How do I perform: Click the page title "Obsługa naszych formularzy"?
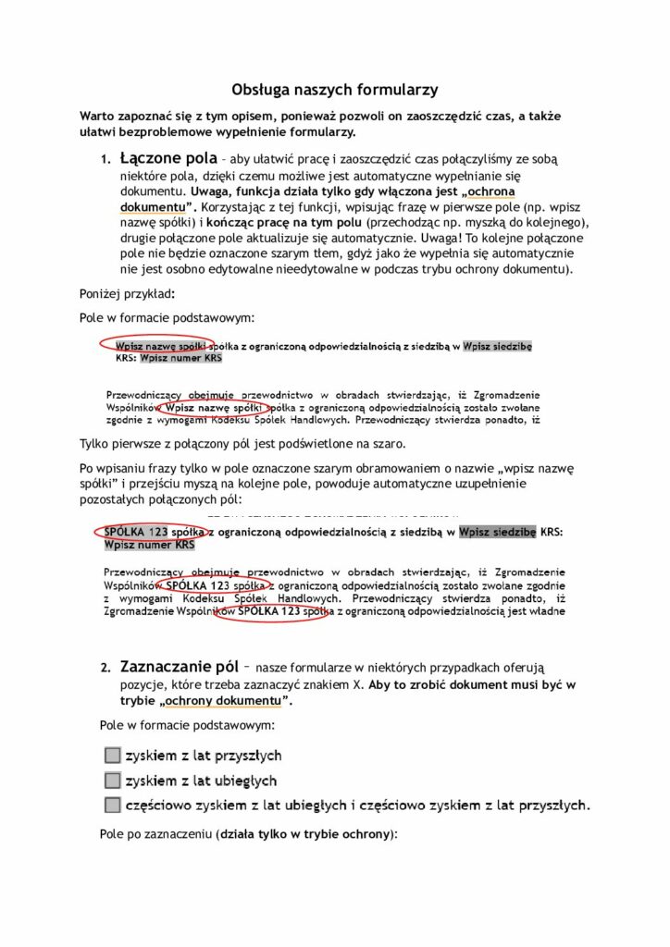coord(334,90)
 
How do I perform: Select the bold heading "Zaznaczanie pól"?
coord(179,666)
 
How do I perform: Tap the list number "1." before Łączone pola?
coord(106,160)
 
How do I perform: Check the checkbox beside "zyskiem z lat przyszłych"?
coord(113,756)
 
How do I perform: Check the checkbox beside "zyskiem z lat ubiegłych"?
coord(113,781)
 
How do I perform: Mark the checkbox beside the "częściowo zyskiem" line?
coord(113,805)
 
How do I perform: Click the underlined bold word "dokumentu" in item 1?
coord(153,207)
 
